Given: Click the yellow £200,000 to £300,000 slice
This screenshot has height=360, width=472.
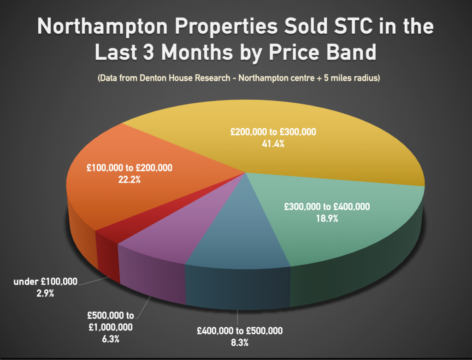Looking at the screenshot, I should tap(300, 152).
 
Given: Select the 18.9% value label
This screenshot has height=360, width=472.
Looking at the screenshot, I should tap(327, 219).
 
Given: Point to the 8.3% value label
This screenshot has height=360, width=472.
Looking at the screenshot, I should tap(240, 342).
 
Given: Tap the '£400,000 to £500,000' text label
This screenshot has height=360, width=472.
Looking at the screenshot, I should tap(240, 331).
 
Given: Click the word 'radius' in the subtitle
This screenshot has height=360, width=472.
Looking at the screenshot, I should tap(364, 78).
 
